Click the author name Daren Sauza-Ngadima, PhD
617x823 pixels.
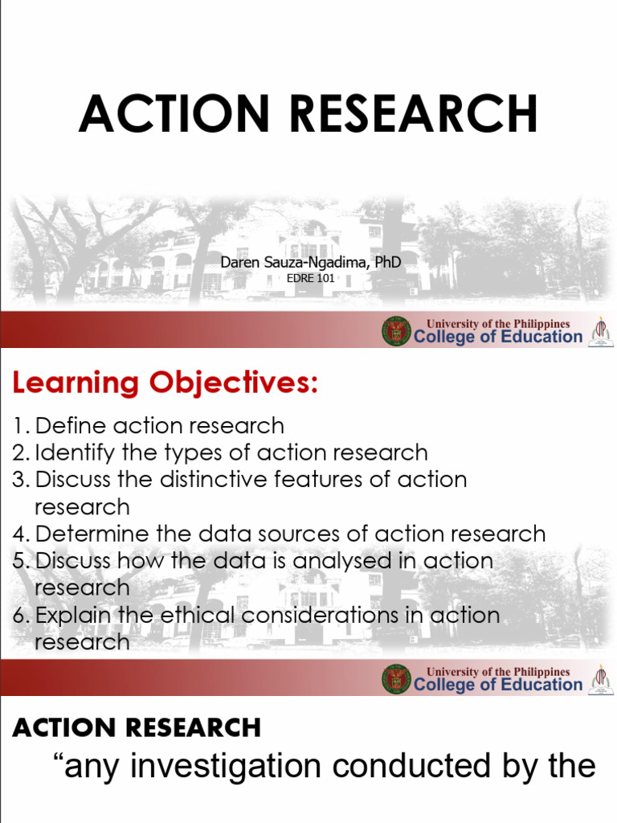pos(311,262)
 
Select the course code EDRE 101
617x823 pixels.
pos(311,280)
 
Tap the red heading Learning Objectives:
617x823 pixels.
pos(165,383)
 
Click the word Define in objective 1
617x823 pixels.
pos(71,425)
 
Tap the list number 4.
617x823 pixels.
pos(19,534)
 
